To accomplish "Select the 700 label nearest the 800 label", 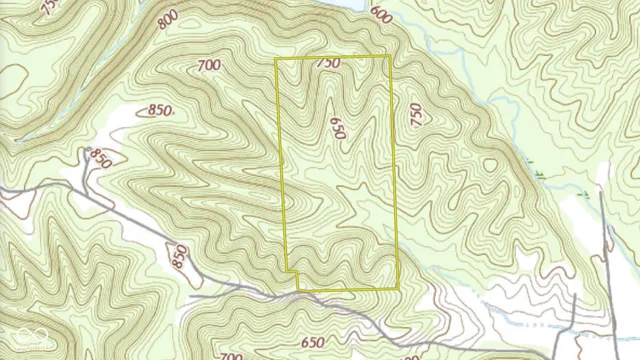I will tap(210, 66).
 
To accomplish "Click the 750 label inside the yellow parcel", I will tap(328, 64).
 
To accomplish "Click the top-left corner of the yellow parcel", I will tap(276, 59).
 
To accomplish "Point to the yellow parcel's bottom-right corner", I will tap(399, 288).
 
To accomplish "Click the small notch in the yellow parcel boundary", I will tap(291, 272).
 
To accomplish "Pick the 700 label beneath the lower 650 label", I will tap(232, 356).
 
